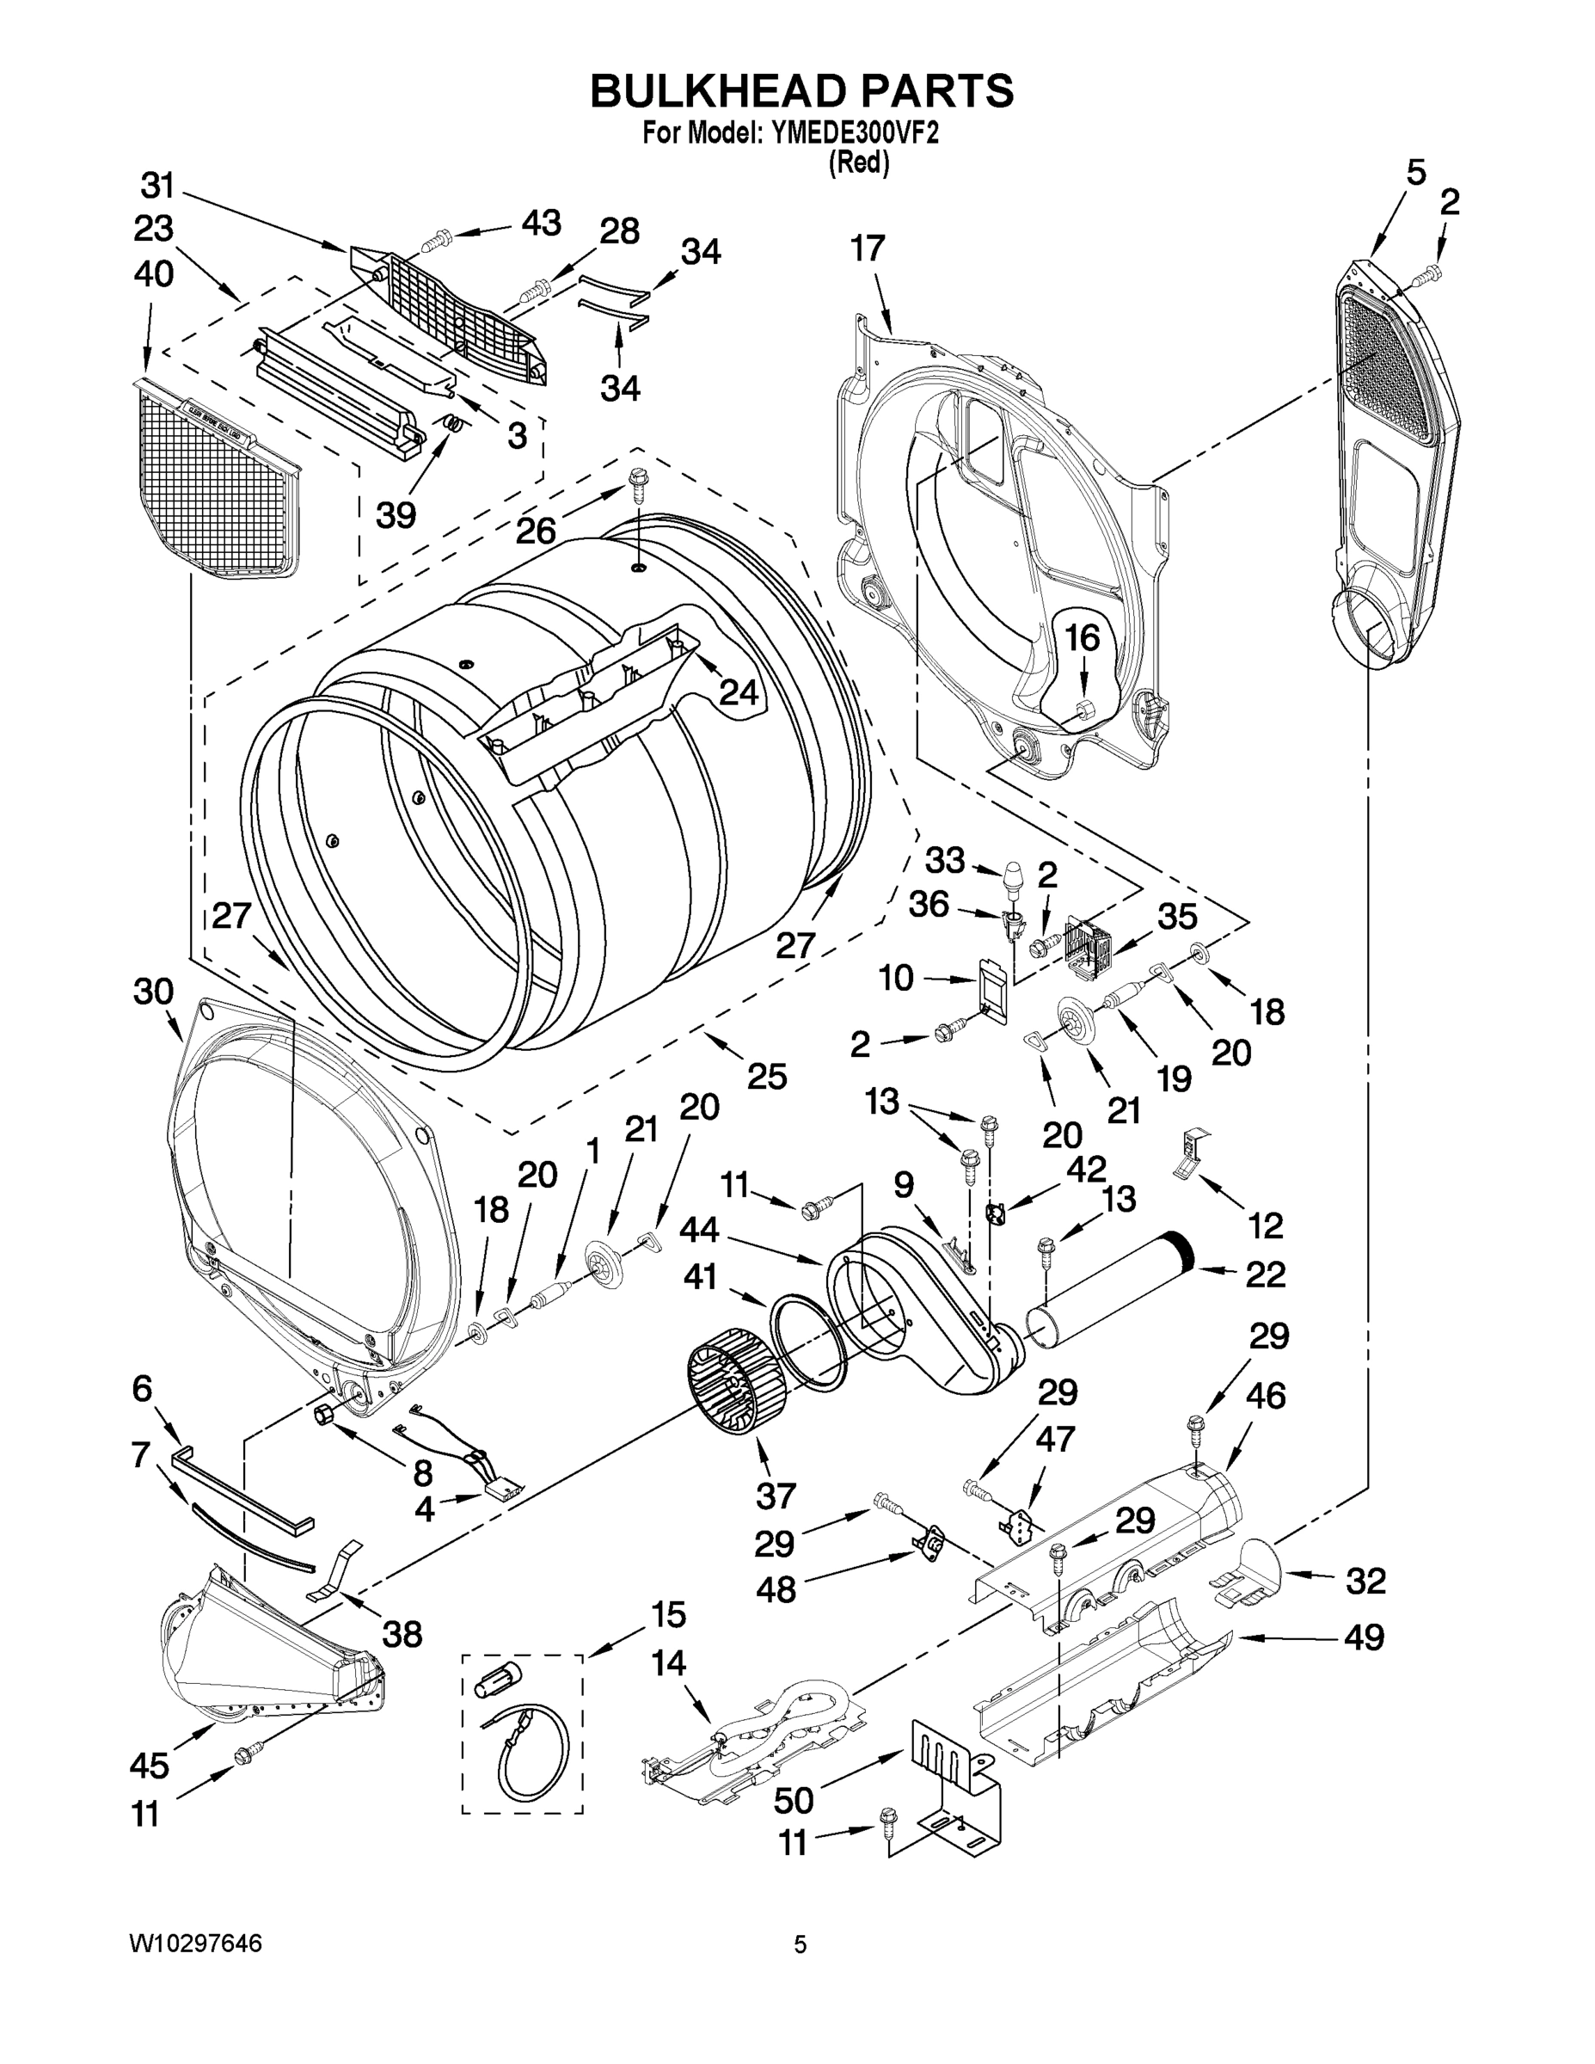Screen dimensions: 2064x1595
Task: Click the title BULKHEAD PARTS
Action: pos(801,92)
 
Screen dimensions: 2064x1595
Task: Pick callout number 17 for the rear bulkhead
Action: pos(868,249)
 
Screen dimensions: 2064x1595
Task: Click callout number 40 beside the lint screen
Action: pos(153,274)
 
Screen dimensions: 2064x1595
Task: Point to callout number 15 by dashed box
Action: pos(668,1615)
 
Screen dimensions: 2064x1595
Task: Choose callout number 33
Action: pos(944,860)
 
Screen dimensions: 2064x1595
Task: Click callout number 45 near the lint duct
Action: pos(150,1765)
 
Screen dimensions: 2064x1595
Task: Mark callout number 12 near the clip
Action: pos(1265,1225)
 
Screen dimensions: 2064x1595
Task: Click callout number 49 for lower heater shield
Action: pos(1364,1636)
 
